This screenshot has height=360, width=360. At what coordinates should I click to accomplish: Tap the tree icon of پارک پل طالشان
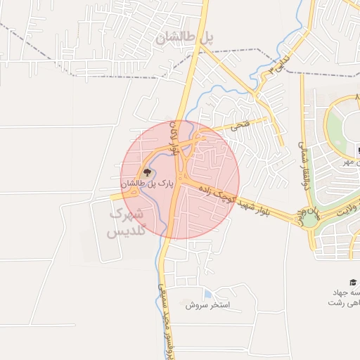(x=146, y=172)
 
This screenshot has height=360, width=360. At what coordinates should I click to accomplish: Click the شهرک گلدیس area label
(x=128, y=221)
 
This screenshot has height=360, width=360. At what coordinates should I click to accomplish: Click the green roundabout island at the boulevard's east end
(x=310, y=219)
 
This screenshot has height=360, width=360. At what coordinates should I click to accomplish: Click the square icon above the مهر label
(x=356, y=150)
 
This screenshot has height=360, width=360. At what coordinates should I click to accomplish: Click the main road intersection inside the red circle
(x=179, y=179)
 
